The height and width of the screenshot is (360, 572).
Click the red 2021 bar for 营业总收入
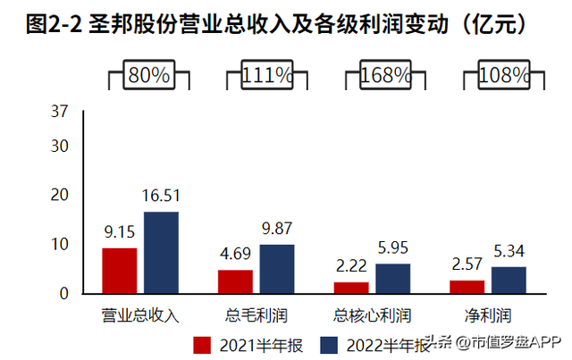click(119, 271)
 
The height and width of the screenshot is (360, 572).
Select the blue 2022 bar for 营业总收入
click(161, 253)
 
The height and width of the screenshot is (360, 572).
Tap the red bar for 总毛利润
click(235, 281)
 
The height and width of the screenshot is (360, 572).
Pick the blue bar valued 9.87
click(276, 269)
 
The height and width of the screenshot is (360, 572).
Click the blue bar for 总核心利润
click(392, 279)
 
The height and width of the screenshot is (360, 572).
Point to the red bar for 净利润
click(467, 287)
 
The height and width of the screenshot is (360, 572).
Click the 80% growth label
click(148, 75)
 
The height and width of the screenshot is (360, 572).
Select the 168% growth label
click(380, 75)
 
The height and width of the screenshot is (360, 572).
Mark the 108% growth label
click(496, 75)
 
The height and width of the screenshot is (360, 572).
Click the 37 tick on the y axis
click(60, 113)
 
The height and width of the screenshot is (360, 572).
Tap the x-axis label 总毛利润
click(256, 315)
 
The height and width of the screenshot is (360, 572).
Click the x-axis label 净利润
click(487, 315)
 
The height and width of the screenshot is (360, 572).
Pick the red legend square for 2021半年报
click(202, 344)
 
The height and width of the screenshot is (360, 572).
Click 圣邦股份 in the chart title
click(122, 24)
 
